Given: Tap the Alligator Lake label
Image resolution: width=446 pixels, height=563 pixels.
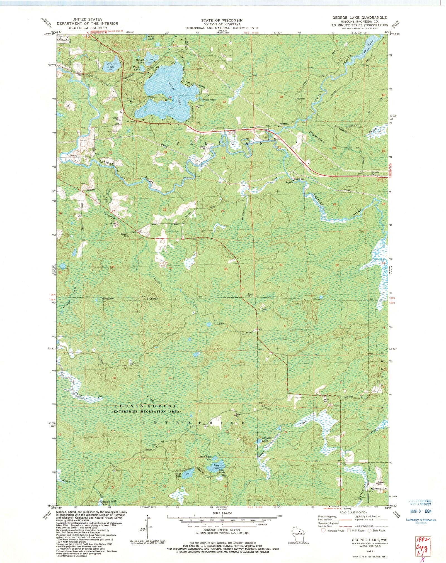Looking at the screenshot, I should (x=265, y=440).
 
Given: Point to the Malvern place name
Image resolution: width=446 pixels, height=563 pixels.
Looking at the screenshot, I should (x=301, y=99).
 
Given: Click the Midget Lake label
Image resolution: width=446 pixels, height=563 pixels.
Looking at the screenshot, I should (x=140, y=61).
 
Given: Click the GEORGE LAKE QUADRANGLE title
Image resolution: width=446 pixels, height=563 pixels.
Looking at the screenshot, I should (x=359, y=17).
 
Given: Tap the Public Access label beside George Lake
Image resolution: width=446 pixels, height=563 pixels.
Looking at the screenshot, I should (x=209, y=100).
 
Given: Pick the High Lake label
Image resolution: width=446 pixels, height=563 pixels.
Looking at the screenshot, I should (x=178, y=475).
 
